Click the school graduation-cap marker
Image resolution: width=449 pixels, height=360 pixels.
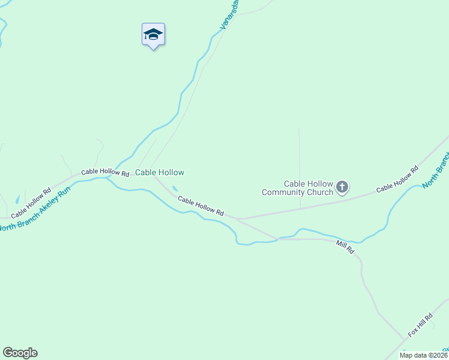pyautogui.click(x=153, y=35)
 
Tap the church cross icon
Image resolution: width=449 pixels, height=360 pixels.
pyautogui.click(x=342, y=188)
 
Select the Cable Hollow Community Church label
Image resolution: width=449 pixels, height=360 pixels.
pyautogui.click(x=297, y=188)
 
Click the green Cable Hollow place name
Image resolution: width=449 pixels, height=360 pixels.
pyautogui.click(x=159, y=172)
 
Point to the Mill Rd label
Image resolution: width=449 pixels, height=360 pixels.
pyautogui.click(x=345, y=246)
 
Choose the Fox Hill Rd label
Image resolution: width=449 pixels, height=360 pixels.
pyautogui.click(x=420, y=325)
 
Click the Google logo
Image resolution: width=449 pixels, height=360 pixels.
pyautogui.click(x=20, y=353)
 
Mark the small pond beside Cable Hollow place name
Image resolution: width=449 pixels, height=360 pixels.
pyautogui.click(x=175, y=189)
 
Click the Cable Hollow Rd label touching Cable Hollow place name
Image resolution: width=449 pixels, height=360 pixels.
pyautogui.click(x=105, y=172)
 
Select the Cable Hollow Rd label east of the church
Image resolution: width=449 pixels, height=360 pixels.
pyautogui.click(x=397, y=179)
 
